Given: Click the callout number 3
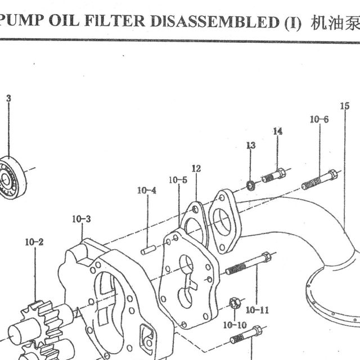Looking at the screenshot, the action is click(9, 98).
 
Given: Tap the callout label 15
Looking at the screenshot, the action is click(345, 106).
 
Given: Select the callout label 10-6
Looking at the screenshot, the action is click(319, 119).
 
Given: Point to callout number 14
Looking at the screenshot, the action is click(277, 132).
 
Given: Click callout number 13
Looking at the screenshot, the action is click(251, 145).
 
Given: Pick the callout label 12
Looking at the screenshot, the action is click(196, 169).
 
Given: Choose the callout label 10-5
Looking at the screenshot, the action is click(178, 180).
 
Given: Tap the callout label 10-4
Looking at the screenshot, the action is click(147, 190).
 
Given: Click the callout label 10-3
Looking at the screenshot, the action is click(82, 219).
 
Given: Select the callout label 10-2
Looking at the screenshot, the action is click(34, 242).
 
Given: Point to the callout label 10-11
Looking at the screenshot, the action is click(257, 310).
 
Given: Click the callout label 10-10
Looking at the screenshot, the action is click(235, 325).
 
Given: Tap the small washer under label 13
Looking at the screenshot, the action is click(250, 185).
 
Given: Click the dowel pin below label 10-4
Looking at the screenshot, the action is click(148, 250).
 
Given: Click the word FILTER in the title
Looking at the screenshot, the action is click(115, 21).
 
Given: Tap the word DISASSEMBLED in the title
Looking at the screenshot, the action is click(215, 21).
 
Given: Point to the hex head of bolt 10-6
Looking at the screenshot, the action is click(332, 175).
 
